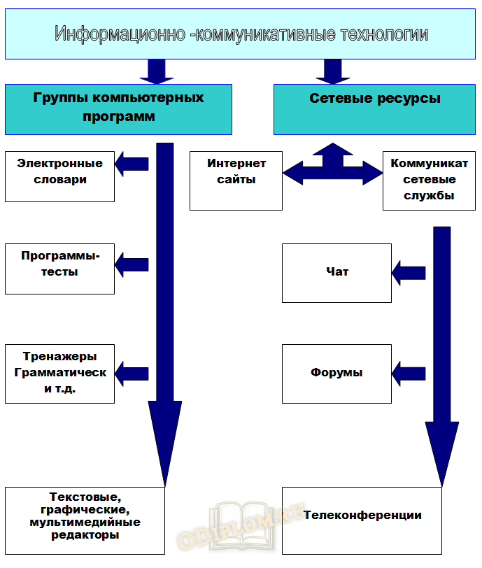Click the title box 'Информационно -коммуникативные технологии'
pyautogui.click(x=241, y=34)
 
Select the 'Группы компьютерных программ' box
pyautogui.click(x=118, y=108)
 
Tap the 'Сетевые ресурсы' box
pyautogui.click(x=375, y=108)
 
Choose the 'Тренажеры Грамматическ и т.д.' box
pyautogui.click(x=59, y=374)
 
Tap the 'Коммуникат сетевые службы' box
pyautogui.click(x=423, y=180)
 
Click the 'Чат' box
pyautogui.click(x=336, y=273)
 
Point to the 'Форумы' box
pyautogui.click(x=336, y=373)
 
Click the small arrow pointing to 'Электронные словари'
pyautogui.click(x=132, y=164)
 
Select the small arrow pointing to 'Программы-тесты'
pyautogui.click(x=132, y=264)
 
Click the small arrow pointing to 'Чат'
pyautogui.click(x=409, y=271)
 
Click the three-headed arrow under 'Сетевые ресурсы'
pyautogui.click(x=333, y=168)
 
